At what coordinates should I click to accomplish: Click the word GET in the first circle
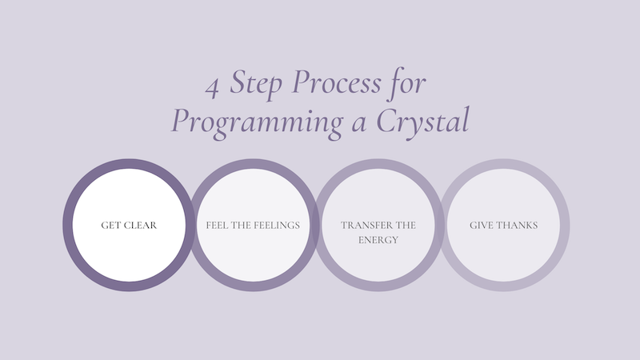(x=111, y=225)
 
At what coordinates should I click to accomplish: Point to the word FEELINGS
(x=276, y=225)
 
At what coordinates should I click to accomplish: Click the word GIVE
(x=482, y=225)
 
